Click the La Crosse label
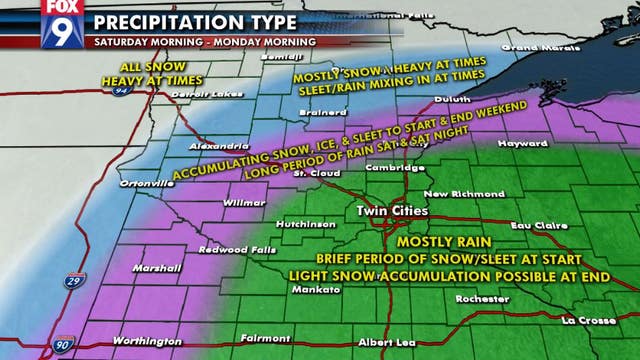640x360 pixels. [585, 320]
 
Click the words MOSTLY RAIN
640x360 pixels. [438, 242]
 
